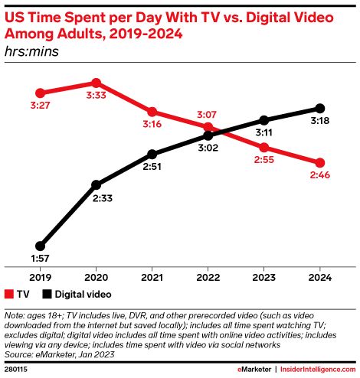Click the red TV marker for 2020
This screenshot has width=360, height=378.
pos(96,83)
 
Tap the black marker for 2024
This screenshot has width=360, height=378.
pos(320,108)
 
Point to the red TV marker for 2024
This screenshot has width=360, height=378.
pos(320,162)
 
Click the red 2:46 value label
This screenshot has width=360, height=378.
pos(320,177)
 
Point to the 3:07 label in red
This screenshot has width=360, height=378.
pos(208,113)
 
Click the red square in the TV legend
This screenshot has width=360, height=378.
pos(8,294)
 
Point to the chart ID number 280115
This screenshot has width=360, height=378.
pos(16,370)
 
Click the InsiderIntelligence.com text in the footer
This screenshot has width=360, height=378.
pos(317,370)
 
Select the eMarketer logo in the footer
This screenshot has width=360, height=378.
pos(250,370)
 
